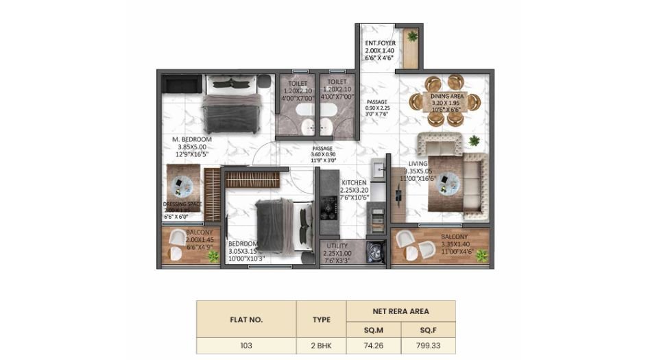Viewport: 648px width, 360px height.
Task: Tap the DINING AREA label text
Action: tap(447, 97)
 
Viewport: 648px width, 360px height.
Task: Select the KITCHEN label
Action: tap(355, 183)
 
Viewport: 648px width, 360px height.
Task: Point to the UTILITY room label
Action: tap(337, 245)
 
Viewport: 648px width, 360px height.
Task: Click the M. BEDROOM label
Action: tap(192, 139)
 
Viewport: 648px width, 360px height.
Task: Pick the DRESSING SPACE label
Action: tap(183, 204)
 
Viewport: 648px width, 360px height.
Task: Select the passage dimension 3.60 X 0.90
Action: tap(322, 155)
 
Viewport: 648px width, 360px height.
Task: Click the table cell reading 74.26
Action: tap(374, 346)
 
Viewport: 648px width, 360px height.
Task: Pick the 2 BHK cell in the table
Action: tap(321, 346)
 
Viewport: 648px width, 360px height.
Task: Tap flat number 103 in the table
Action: tap(246, 346)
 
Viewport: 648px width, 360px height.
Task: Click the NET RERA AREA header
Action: tap(401, 310)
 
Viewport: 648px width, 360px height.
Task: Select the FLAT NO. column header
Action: tap(246, 320)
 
